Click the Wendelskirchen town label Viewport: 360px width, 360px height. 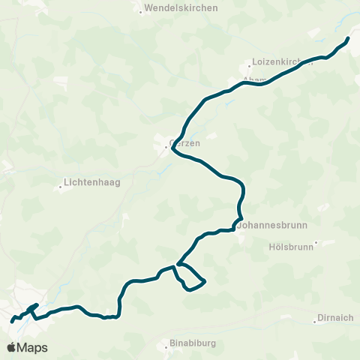tap(182, 7)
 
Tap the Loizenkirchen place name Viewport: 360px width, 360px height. tap(282, 64)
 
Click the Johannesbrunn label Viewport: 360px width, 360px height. tap(268, 223)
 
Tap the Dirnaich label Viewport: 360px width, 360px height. tap(335, 317)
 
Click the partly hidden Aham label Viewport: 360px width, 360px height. tap(252, 78)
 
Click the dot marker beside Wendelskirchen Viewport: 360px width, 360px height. tap(141, 11)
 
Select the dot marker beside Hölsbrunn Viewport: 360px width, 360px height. tap(316, 242)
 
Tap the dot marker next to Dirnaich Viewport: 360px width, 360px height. tap(313, 322)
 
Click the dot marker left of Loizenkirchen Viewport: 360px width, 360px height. tap(250, 65)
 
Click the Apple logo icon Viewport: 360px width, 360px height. tap(11, 347)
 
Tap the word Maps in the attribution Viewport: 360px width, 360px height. tap(32, 348)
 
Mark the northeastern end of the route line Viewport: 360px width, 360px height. tap(349, 38)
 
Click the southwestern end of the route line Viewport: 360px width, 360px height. tap(12, 321)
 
